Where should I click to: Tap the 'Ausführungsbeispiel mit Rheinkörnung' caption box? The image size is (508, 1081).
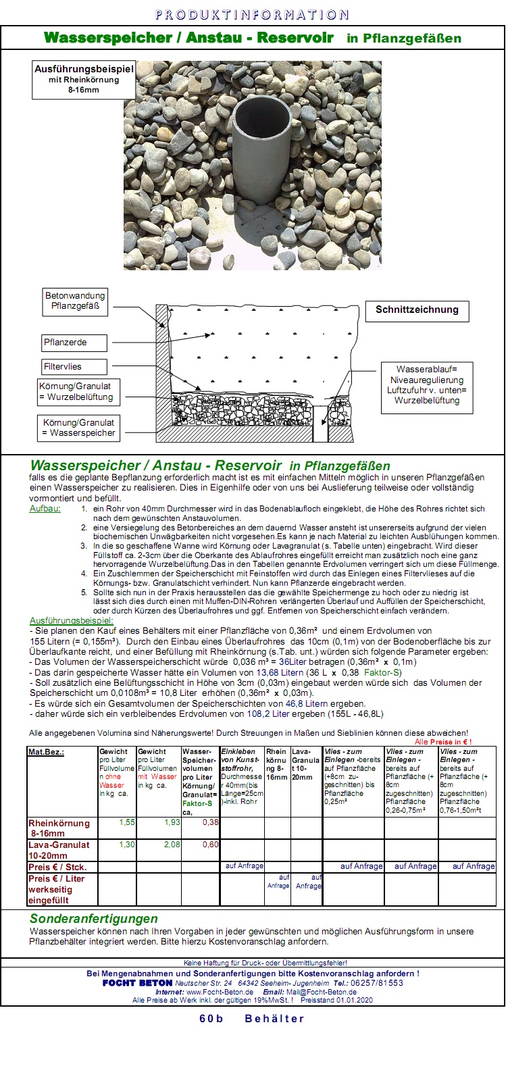click(84, 79)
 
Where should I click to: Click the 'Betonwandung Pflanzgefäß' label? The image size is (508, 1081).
click(75, 301)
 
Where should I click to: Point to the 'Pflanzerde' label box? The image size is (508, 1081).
click(74, 343)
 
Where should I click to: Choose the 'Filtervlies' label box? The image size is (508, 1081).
click(74, 367)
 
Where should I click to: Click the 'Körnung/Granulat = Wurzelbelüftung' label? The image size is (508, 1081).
click(76, 392)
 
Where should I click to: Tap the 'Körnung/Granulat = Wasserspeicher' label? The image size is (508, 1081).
click(78, 428)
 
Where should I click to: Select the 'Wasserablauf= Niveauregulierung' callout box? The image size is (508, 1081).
click(426, 385)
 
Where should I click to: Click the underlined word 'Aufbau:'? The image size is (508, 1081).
click(45, 508)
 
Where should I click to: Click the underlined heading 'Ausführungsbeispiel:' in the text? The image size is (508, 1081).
click(72, 620)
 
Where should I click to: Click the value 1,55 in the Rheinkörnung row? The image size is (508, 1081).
click(126, 822)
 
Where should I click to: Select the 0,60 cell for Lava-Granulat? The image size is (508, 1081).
click(210, 845)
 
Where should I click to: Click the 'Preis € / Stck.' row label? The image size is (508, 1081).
click(57, 867)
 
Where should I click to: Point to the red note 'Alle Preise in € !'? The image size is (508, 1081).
click(443, 742)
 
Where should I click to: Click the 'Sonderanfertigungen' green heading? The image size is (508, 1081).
click(93, 919)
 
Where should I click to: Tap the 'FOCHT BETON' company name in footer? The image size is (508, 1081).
click(137, 983)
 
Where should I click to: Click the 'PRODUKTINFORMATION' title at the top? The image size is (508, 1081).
click(253, 15)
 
